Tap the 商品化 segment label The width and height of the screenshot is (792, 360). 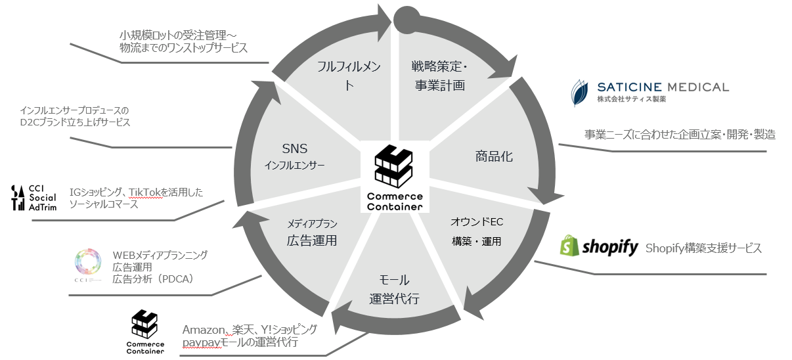click(x=494, y=156)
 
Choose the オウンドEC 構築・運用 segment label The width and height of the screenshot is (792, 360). click(x=477, y=231)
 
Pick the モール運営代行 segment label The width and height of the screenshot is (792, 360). click(x=394, y=289)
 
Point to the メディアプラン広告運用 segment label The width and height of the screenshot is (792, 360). click(x=311, y=231)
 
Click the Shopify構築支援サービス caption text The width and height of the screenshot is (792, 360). click(x=703, y=248)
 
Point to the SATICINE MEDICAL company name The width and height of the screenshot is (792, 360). click(x=663, y=87)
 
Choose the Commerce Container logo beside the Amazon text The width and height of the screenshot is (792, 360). click(x=145, y=331)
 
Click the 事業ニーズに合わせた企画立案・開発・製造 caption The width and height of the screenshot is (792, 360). click(x=680, y=135)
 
